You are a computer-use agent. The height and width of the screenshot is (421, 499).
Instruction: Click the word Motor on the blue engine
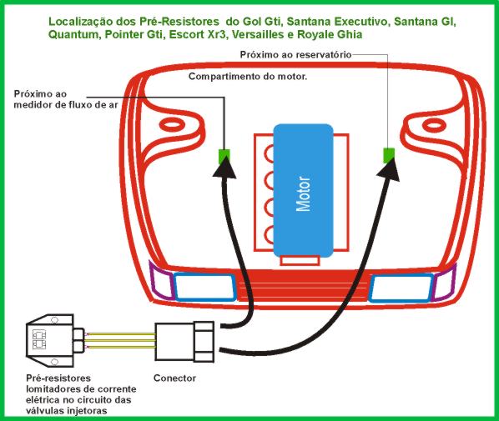tap(303, 194)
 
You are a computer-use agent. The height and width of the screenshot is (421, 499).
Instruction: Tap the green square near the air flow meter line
tap(224, 157)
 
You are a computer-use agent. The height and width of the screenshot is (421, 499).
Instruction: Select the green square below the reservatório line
tap(389, 156)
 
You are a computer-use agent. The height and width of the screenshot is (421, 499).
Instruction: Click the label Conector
tap(174, 378)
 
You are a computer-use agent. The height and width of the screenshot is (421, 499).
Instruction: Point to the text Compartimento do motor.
tap(248, 77)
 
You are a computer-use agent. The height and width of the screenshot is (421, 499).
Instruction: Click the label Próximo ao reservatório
tap(296, 55)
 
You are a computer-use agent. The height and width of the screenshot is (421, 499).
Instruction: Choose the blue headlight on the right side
tap(401, 288)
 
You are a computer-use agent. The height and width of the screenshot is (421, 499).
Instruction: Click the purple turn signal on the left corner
tap(161, 281)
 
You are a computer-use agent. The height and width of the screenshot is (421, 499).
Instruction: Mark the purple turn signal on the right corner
tap(445, 283)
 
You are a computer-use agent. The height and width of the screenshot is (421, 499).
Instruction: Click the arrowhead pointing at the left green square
tap(224, 168)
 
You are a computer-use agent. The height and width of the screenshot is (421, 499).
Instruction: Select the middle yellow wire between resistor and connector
tap(120, 341)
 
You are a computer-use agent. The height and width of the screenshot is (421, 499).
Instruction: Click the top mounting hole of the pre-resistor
tap(55, 319)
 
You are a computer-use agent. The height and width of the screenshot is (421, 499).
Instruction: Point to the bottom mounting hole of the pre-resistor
tap(55, 362)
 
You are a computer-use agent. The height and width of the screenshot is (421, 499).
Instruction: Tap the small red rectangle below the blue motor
tap(300, 260)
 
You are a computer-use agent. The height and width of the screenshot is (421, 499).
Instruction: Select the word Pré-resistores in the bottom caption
tap(58, 378)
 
